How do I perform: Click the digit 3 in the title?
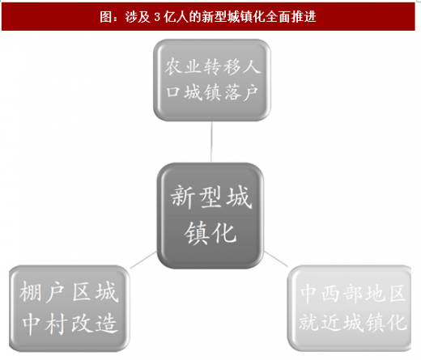[x=157, y=17]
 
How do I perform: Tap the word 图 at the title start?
[x=105, y=17]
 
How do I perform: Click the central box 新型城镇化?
[x=210, y=215]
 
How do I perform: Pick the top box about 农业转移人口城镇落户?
[x=212, y=80]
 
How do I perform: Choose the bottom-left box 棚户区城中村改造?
[x=69, y=308]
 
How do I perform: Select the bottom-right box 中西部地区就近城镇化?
[x=350, y=308]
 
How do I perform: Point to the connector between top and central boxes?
[x=211, y=142]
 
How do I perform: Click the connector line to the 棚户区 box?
[x=143, y=260]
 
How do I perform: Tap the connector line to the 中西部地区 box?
[x=276, y=259]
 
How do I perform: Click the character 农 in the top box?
[x=173, y=66]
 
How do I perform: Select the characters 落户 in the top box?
[x=240, y=92]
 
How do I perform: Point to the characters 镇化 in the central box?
[x=210, y=233]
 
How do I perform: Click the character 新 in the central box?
[x=183, y=197]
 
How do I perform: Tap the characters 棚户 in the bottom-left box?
[x=42, y=292]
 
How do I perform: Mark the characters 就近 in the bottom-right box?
[x=319, y=322]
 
